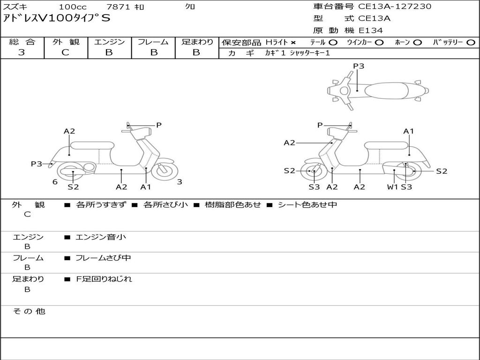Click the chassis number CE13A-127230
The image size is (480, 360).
(395, 7)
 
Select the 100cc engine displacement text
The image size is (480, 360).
(73, 7)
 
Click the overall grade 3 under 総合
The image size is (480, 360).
(22, 52)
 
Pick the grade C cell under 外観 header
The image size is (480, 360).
(66, 52)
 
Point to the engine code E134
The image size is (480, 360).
(371, 30)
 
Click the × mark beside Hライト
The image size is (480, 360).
(293, 43)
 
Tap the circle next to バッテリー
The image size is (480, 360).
(471, 43)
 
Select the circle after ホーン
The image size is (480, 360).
(418, 43)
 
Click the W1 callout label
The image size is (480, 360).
(392, 187)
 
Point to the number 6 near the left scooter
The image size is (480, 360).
(55, 182)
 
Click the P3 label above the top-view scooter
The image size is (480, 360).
(359, 66)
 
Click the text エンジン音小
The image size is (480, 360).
(101, 237)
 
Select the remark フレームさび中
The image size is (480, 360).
(103, 258)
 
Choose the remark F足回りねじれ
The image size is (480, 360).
(104, 279)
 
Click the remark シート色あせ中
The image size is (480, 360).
(307, 205)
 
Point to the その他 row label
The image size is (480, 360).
(29, 311)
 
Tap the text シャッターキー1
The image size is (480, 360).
(310, 53)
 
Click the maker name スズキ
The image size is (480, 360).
(15, 7)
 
